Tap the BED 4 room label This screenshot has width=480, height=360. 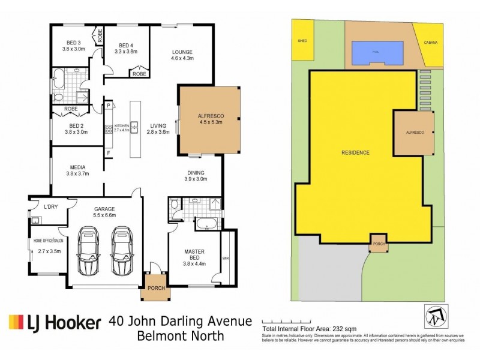click(126, 49)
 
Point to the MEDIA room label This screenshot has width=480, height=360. click(75, 170)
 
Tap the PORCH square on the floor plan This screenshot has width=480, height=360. click(153, 289)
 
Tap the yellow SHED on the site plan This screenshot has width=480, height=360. click(301, 41)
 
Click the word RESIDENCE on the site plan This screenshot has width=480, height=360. click(356, 152)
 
